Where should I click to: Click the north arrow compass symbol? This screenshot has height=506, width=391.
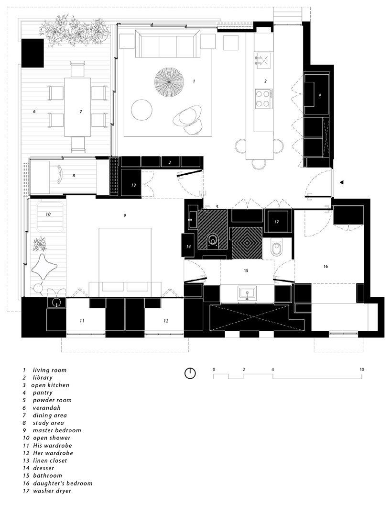190,373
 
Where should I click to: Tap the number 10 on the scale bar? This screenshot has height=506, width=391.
362,370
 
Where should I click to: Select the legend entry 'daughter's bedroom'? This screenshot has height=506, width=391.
63,483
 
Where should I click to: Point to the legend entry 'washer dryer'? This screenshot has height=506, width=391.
53,491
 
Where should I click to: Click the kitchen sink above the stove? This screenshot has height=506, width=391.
262,60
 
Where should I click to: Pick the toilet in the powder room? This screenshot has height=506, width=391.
213,241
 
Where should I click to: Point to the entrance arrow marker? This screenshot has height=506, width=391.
341,182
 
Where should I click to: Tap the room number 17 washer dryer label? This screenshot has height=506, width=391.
277,222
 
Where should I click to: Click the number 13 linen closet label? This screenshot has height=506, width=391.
133,185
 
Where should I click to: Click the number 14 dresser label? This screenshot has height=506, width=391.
188,246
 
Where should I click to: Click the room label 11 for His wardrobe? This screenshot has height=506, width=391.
82,320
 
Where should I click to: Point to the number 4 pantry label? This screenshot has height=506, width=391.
320,95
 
